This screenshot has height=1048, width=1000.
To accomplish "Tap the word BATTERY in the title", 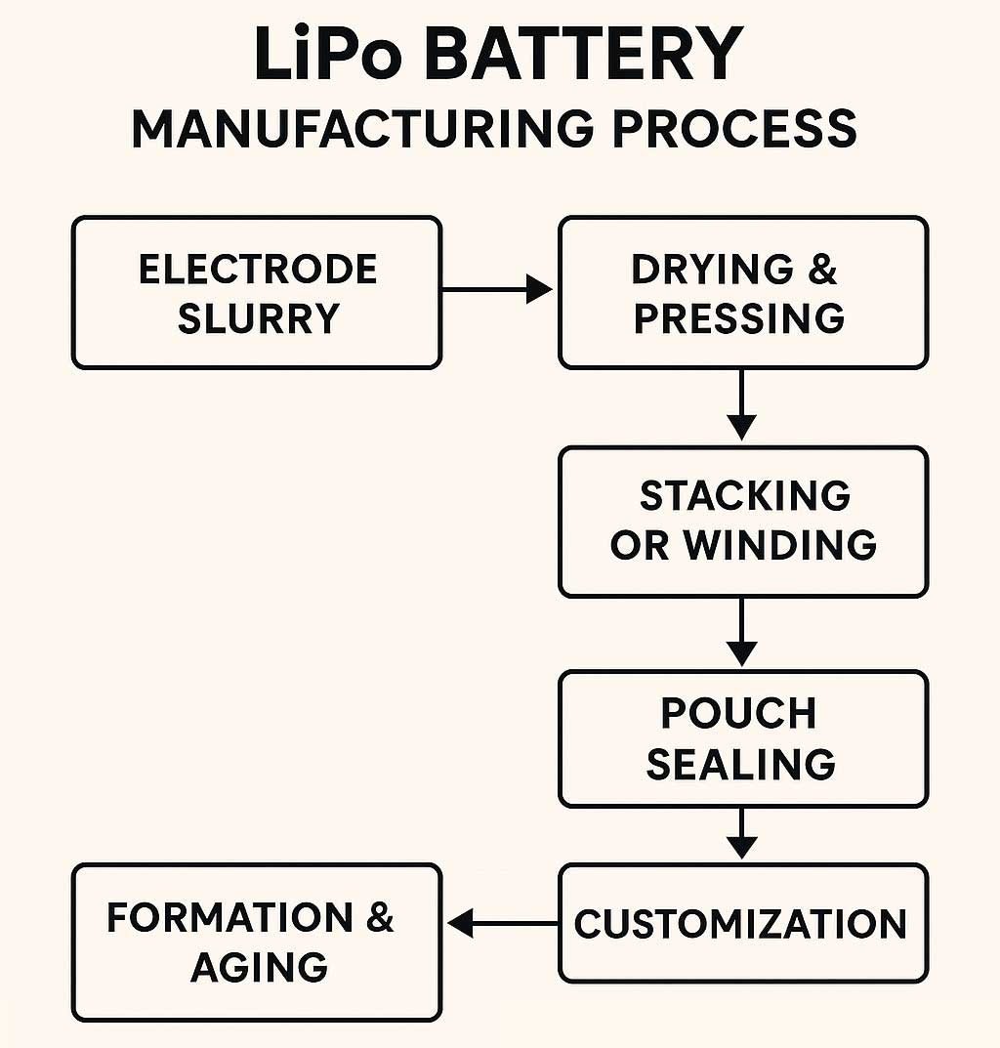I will tap(583, 55).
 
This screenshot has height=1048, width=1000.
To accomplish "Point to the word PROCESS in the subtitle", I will tap(734, 130).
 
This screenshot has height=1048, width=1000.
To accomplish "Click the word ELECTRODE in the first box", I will tap(258, 270).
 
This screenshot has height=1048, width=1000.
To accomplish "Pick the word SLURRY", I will tap(258, 318).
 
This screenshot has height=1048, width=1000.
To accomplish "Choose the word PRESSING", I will tap(740, 318).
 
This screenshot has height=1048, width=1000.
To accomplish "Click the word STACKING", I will tap(745, 495).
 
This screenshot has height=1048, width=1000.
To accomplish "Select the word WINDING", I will tap(780, 545).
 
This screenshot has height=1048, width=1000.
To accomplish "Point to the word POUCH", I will tap(739, 713).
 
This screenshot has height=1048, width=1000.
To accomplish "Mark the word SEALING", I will tap(741, 764).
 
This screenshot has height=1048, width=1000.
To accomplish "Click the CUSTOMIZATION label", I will tap(741, 923).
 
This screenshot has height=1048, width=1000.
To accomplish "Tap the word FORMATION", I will tap(230, 918).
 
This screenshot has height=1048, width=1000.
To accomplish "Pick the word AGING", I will tap(259, 967).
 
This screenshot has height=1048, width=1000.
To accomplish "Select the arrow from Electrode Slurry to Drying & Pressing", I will tap(497, 289).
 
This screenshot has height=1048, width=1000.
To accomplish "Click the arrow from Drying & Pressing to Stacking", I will tap(742, 404).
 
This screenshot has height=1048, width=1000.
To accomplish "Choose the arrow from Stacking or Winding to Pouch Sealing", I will tap(742, 632).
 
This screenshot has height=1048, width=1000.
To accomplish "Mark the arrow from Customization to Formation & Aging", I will tap(501, 922).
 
